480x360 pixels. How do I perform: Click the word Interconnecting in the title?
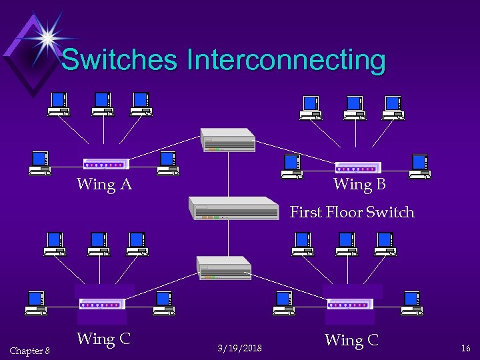point(287,60)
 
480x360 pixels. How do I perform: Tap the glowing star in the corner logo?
point(48,37)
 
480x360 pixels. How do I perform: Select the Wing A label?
point(104,184)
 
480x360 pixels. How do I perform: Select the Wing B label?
point(359,183)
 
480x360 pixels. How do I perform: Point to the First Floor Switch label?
point(352,212)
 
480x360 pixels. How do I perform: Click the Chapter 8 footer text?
point(29,351)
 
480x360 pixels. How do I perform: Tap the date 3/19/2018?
point(240,348)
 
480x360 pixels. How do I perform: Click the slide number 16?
point(465,348)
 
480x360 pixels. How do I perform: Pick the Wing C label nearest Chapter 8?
point(103,339)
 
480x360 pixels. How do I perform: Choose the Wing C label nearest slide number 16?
point(351,340)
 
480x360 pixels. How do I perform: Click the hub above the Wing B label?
point(358,167)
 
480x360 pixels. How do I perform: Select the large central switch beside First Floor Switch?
point(233,208)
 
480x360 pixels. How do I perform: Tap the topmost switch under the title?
point(227,139)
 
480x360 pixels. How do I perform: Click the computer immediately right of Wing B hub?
point(421,166)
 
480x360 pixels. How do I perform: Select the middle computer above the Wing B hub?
point(355,107)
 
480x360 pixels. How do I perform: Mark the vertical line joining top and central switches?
point(229,174)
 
